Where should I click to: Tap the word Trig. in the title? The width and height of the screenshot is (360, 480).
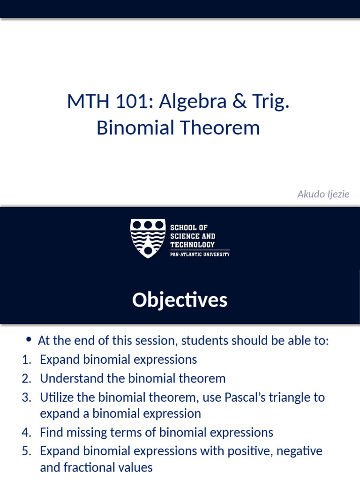(x=272, y=102)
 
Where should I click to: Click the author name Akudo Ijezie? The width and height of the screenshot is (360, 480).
(x=323, y=194)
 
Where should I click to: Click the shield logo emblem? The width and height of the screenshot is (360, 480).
(x=148, y=238)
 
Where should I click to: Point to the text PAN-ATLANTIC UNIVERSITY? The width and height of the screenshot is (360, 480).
(x=200, y=255)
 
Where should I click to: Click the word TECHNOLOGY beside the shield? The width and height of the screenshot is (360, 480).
(x=192, y=245)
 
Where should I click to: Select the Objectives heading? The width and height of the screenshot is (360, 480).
(x=180, y=300)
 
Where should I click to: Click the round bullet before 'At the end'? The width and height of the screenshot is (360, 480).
(x=29, y=339)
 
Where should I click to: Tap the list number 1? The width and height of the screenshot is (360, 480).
(x=26, y=360)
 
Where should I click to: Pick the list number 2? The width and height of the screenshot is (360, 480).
(x=26, y=378)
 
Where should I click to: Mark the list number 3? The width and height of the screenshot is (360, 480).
(x=26, y=397)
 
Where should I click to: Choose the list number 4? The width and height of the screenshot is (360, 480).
(x=26, y=432)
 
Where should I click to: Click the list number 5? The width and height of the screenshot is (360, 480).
(x=26, y=451)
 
